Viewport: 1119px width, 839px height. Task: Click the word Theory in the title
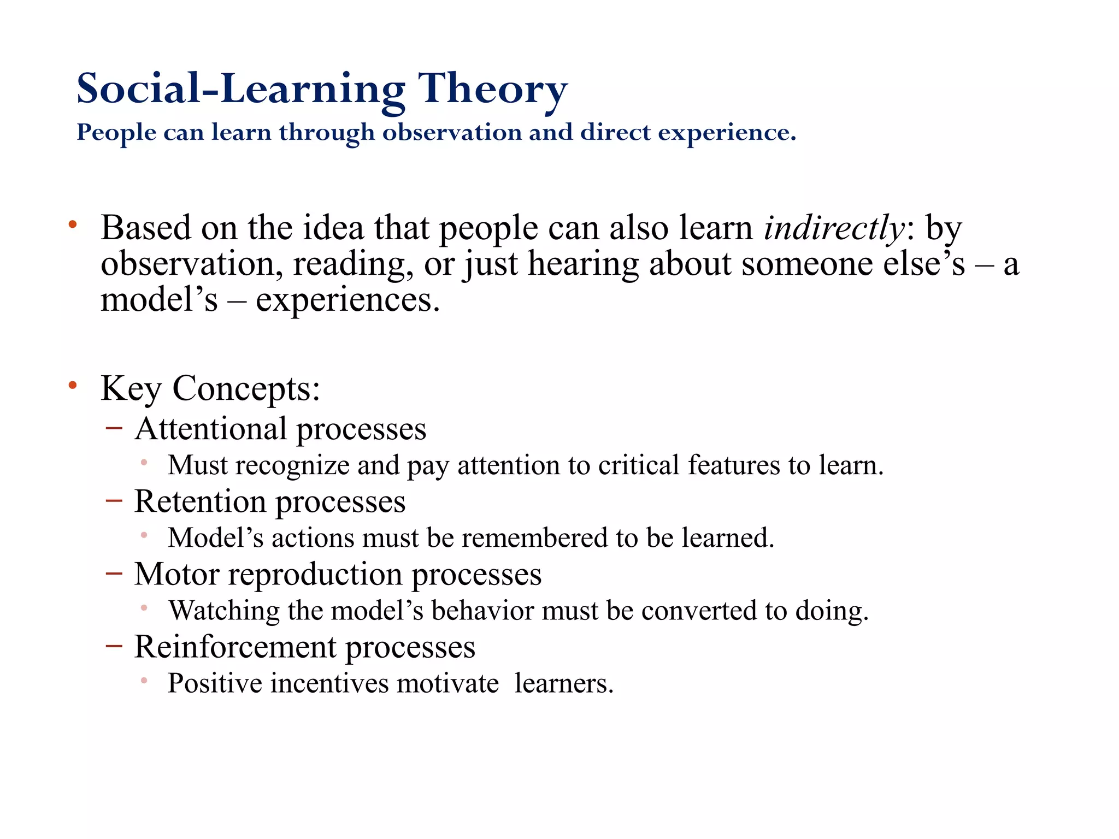492,89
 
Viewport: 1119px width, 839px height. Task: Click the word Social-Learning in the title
240,89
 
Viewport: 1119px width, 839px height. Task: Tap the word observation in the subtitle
451,132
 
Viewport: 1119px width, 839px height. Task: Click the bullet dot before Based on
73,224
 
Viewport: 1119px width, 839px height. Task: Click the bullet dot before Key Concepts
73,386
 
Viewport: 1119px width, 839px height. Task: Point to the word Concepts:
246,389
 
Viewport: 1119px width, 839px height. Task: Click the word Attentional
210,429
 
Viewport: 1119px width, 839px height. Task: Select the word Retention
200,501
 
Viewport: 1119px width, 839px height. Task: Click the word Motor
176,574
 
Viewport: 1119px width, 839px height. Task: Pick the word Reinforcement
235,647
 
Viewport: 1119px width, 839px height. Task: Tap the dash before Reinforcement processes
114,645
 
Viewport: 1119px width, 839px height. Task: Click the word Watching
223,610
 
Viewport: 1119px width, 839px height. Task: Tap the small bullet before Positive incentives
144,681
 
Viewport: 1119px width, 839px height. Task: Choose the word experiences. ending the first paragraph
348,300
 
